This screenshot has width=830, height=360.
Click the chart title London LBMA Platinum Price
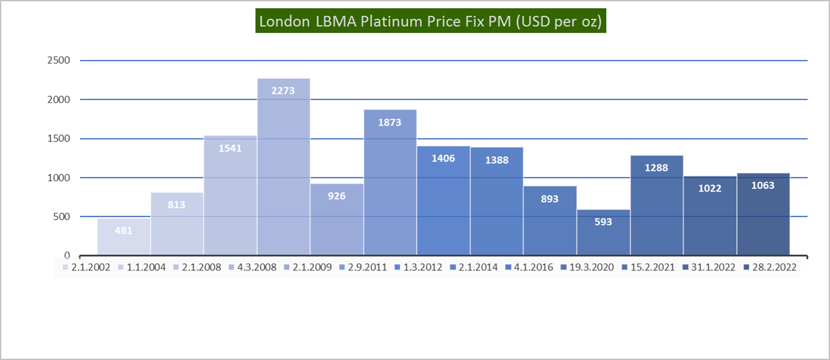click(431, 21)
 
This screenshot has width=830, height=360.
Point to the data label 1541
click(230, 148)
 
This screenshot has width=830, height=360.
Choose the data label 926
click(336, 196)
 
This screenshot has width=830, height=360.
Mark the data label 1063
click(763, 185)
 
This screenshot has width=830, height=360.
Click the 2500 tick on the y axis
click(58, 60)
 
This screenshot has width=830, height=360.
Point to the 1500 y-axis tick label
click(58, 139)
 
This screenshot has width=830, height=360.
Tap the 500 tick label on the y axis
click(61, 217)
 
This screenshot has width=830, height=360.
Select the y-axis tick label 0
click(67, 256)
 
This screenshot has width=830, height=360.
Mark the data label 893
click(550, 199)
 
